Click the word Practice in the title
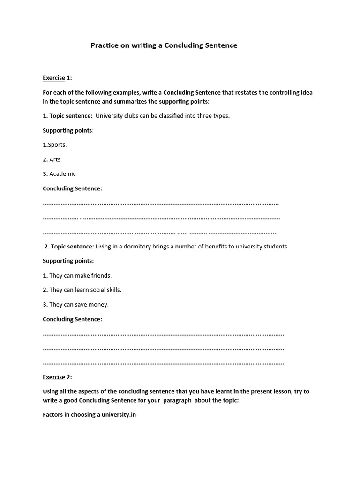104,45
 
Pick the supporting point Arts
55,159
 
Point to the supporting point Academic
62,174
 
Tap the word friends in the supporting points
102,276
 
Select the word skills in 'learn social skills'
112,290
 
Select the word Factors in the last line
53,415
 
